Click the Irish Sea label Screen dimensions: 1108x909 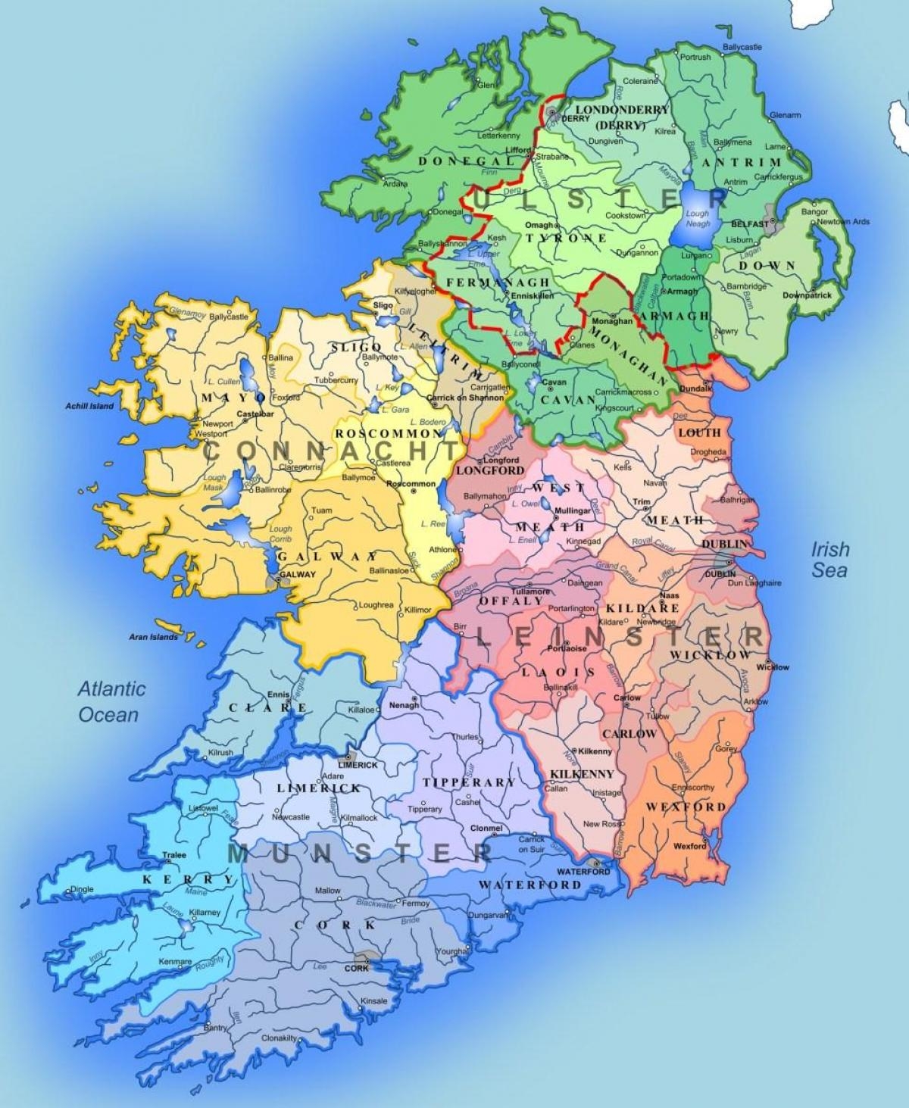pyautogui.click(x=830, y=559)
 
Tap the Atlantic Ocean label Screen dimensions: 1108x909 pyautogui.click(x=111, y=701)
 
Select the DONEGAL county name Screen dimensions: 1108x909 pyautogui.click(x=454, y=161)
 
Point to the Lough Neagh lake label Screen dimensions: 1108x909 pyautogui.click(x=697, y=219)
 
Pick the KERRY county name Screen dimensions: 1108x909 pyautogui.click(x=188, y=879)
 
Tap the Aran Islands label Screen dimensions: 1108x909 pyautogui.click(x=153, y=637)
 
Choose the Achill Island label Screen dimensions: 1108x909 pyautogui.click(x=89, y=406)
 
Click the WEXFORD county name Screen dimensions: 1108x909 pyautogui.click(x=686, y=807)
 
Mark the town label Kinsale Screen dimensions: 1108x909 pyautogui.click(x=373, y=1000)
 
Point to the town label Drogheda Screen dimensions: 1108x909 pyautogui.click(x=708, y=452)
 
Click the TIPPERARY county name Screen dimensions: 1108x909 pyautogui.click(x=468, y=782)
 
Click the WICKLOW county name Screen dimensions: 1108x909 pyautogui.click(x=710, y=654)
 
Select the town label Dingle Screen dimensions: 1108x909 pyautogui.click(x=81, y=889)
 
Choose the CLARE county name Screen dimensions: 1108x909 pyautogui.click(x=268, y=707)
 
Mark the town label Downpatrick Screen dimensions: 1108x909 pyautogui.click(x=807, y=295)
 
